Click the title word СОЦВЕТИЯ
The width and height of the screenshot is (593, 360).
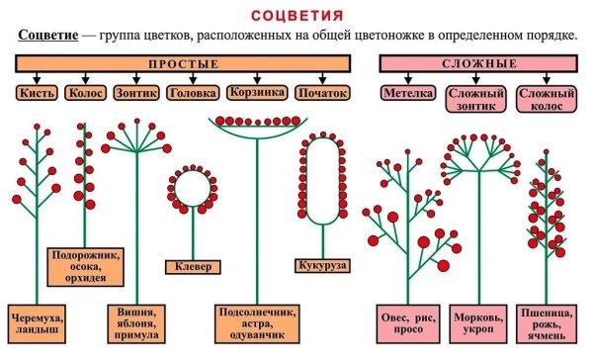(x=297, y=16)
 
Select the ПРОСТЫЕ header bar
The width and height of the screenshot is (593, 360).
(x=183, y=63)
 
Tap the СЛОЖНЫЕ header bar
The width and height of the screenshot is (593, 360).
(x=479, y=63)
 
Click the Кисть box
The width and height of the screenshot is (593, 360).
(x=37, y=93)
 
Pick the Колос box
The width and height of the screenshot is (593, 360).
(x=86, y=93)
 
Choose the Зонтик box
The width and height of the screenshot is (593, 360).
(x=137, y=93)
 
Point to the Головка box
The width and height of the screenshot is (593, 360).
(x=192, y=93)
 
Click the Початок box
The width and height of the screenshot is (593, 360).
(x=321, y=93)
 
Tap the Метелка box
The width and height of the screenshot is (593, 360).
(x=408, y=93)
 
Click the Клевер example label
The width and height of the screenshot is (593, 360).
(x=193, y=266)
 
